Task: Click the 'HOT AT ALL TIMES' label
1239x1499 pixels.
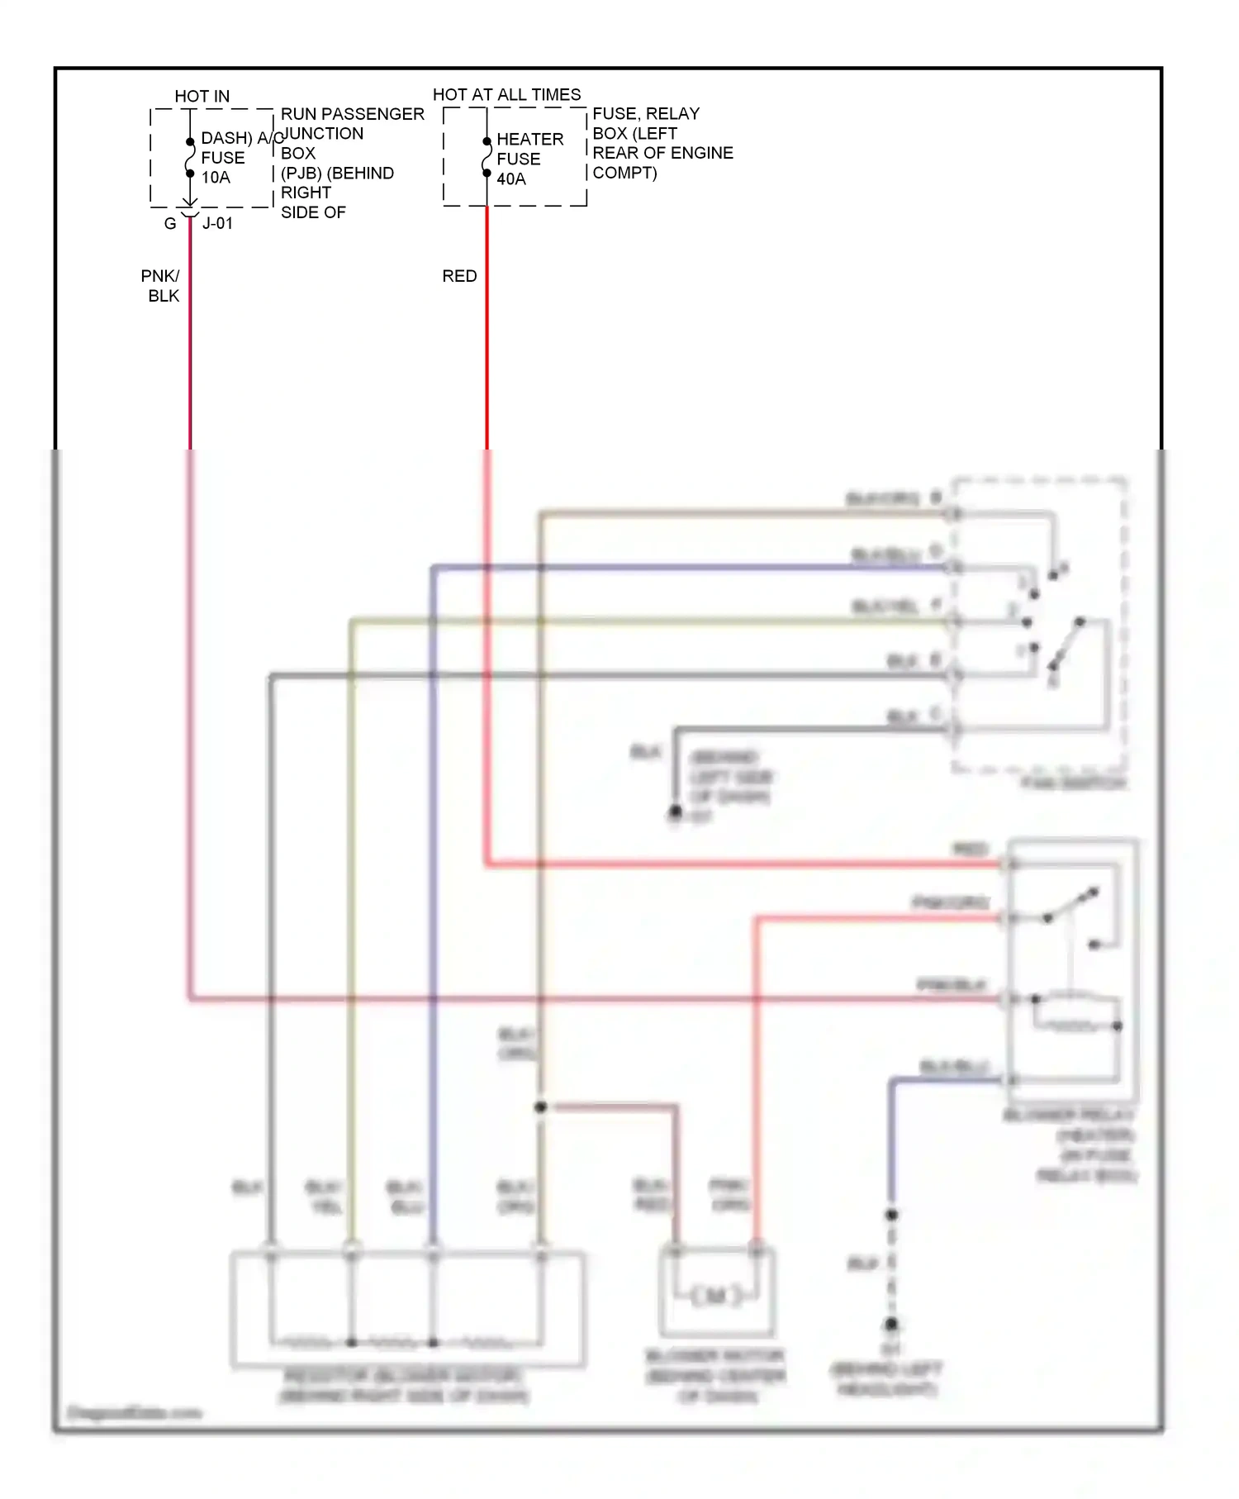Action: (506, 95)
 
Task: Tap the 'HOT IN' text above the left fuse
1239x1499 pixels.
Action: (202, 97)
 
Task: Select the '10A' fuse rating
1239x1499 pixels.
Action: (216, 178)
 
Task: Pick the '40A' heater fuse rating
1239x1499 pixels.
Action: (510, 179)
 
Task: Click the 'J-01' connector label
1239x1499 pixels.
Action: (217, 224)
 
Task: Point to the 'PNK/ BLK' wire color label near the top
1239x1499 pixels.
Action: (161, 286)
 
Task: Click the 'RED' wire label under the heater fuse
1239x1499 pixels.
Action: (459, 276)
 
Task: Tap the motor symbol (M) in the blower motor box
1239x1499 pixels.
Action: (716, 1296)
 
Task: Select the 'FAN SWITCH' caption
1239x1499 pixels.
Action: (1073, 783)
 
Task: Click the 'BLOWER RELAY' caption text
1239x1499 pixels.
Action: (1070, 1116)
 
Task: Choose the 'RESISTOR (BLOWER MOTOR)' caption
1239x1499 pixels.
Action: (403, 1376)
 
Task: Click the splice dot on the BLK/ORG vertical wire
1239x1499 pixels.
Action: (540, 1106)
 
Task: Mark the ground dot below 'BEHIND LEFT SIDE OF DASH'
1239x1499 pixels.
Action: (675, 812)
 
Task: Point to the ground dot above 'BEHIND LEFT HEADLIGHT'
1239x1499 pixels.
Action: (891, 1324)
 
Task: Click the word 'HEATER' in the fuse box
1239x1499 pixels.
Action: (529, 140)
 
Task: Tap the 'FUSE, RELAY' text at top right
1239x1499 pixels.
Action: (646, 114)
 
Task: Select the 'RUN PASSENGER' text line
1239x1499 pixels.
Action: (353, 114)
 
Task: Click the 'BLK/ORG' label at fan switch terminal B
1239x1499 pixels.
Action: (882, 499)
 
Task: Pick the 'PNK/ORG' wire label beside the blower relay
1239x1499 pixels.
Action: (950, 902)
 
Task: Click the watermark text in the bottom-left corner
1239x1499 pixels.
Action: (134, 1412)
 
